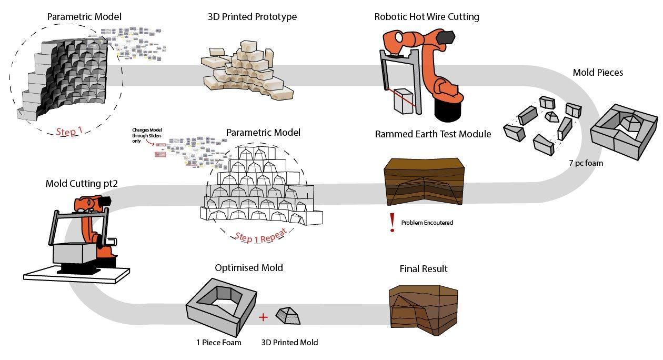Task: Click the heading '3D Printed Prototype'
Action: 252,17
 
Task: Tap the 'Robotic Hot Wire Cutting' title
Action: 427,17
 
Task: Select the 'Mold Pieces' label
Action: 598,73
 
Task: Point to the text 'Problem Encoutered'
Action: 427,223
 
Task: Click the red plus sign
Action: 264,317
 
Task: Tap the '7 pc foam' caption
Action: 586,163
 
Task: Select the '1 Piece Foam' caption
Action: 218,343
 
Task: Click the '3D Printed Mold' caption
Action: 289,343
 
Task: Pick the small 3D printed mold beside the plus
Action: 288,316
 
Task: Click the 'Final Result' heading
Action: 424,269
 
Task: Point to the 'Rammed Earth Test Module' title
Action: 433,134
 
